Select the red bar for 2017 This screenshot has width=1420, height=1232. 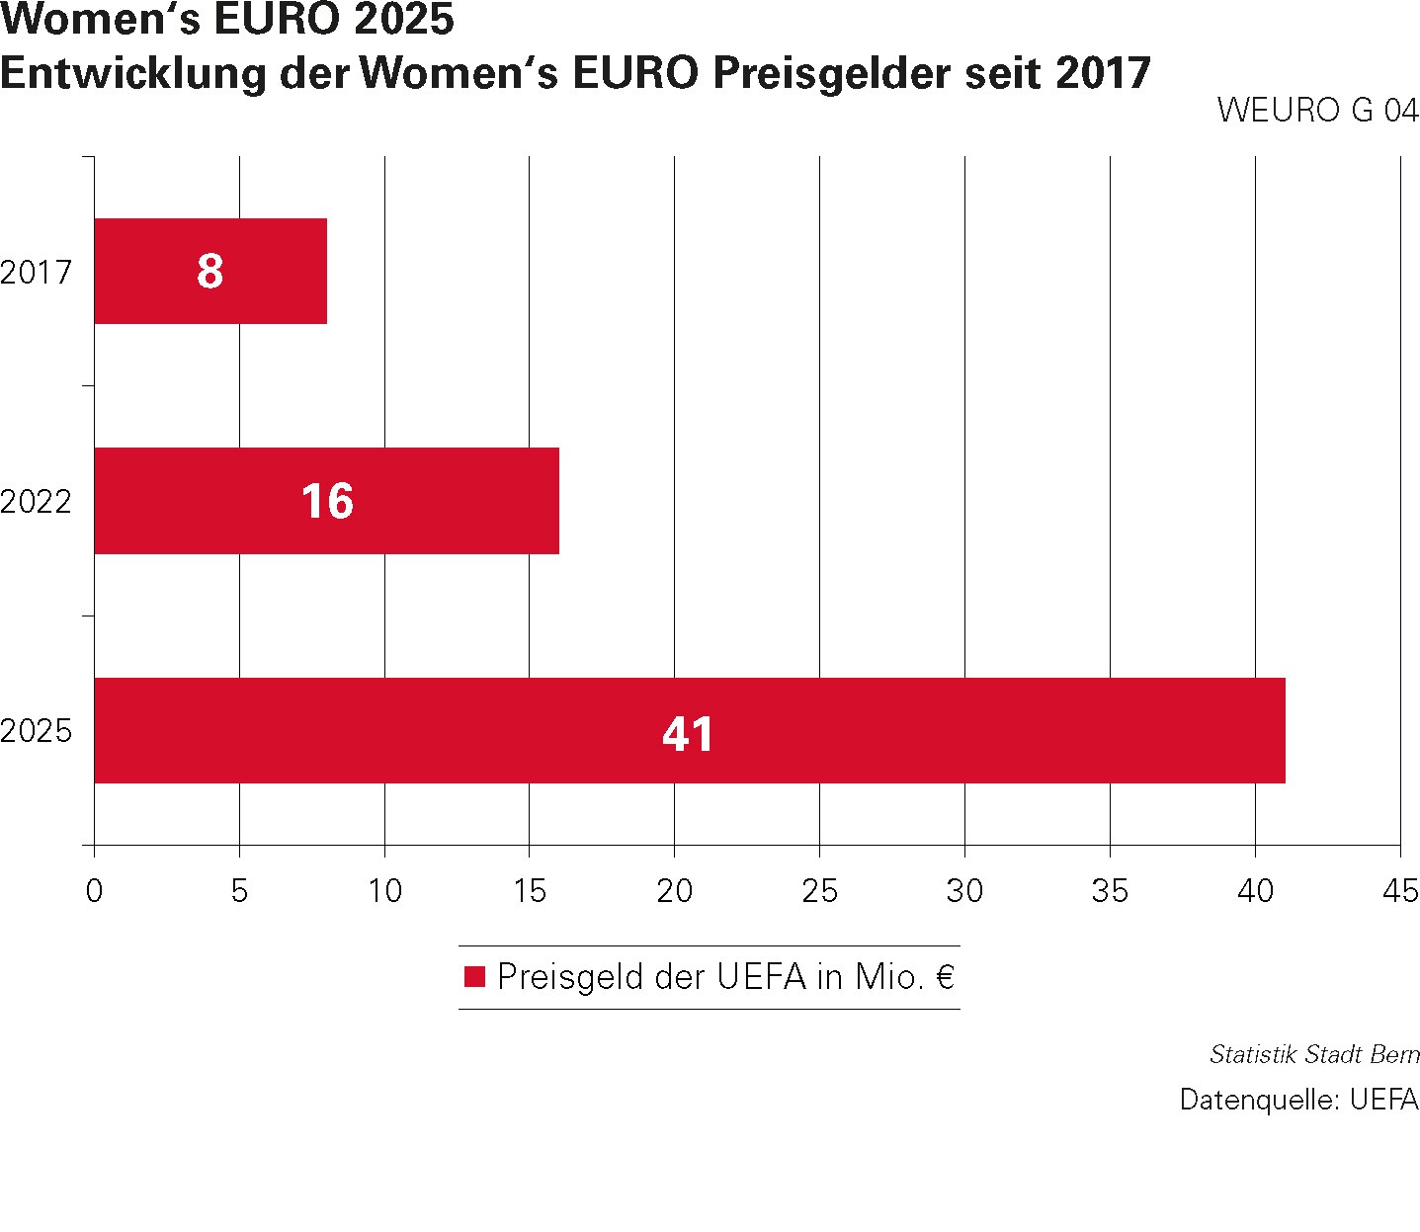pos(148,271)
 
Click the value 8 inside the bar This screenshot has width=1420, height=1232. pos(209,272)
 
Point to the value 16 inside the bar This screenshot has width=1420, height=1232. pos(327,501)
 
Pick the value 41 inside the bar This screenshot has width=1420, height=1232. pos(688,733)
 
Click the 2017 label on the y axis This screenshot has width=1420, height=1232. pos(37,272)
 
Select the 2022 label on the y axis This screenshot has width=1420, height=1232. pos(37,502)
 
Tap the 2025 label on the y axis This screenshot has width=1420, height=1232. pos(37,732)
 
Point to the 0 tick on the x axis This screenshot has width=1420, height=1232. pos(94,891)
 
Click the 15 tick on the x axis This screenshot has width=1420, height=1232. pos(530,891)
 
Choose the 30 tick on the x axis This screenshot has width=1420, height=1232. pos(964,891)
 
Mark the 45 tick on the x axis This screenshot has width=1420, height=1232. pos(1400,891)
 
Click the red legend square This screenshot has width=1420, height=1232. pos(475,977)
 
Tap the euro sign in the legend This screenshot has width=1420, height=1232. pos(945,977)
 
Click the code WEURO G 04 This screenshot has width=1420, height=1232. pos(1317,110)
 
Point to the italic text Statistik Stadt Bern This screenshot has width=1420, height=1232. pos(1314,1054)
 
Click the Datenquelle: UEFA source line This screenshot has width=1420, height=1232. pos(1298,1100)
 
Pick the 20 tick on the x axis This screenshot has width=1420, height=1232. pos(674,891)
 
